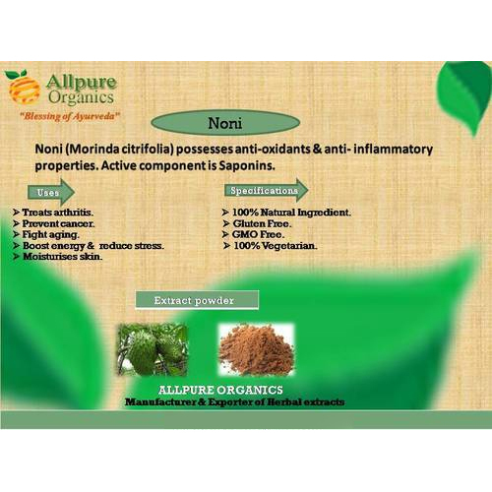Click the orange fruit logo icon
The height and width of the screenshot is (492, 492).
pyautogui.click(x=23, y=87)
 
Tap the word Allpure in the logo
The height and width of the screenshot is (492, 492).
pyautogui.click(x=82, y=83)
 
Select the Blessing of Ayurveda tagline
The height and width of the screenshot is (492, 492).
pyautogui.click(x=70, y=116)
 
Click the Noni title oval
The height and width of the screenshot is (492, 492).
pyautogui.click(x=225, y=123)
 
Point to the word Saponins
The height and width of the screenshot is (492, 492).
pyautogui.click(x=247, y=165)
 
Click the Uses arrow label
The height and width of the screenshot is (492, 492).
pyautogui.click(x=51, y=192)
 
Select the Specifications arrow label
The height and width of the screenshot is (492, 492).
pyautogui.click(x=267, y=190)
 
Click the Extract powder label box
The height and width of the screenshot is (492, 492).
pyautogui.click(x=197, y=300)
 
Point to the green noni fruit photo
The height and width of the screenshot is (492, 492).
pyautogui.click(x=153, y=349)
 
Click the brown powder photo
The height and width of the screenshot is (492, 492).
pyautogui.click(x=257, y=349)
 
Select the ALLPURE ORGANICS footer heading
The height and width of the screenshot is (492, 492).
pyautogui.click(x=220, y=390)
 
